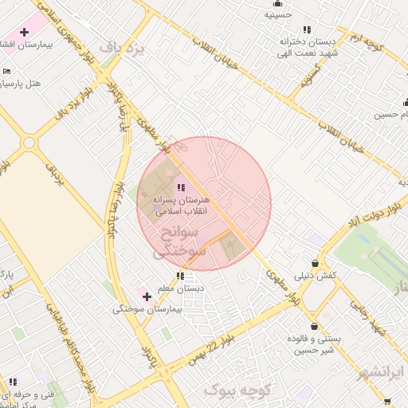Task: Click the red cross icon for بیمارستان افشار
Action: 25,33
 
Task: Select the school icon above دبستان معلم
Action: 180,276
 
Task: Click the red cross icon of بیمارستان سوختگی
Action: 147,296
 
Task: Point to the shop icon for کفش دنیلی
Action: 316,263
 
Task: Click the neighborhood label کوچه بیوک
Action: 239,390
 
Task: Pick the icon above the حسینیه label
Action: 278,3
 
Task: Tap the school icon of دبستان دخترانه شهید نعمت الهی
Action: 307,30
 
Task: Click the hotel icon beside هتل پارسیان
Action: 6,71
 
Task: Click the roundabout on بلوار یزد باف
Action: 29,143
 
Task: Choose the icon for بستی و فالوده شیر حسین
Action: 316,327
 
